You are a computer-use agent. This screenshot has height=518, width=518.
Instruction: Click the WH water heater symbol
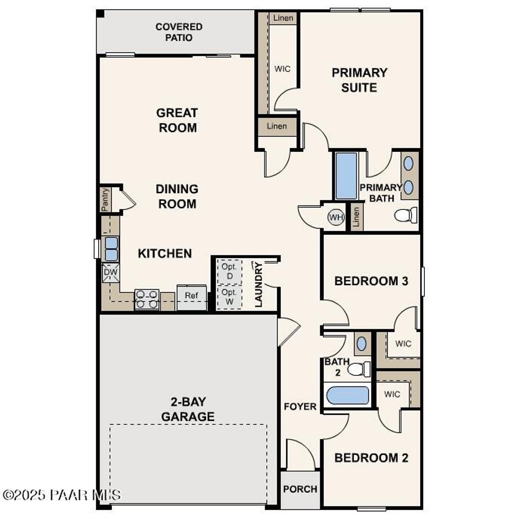pyautogui.click(x=336, y=218)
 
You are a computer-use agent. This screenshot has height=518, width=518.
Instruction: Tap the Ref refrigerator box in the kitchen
pyautogui.click(x=191, y=296)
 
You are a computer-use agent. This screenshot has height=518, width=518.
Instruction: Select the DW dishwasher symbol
pyautogui.click(x=110, y=273)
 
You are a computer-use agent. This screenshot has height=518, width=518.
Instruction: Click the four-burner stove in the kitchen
pyautogui.click(x=147, y=299)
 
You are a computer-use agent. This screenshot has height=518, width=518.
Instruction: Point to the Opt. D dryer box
pyautogui.click(x=229, y=272)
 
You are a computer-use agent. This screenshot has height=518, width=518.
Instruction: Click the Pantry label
pyautogui.click(x=105, y=199)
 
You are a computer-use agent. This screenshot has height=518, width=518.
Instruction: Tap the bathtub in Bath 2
pyautogui.click(x=348, y=395)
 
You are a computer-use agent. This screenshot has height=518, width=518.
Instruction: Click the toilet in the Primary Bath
pyautogui.click(x=406, y=215)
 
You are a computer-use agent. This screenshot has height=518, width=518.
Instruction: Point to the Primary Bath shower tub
pyautogui.click(x=347, y=176)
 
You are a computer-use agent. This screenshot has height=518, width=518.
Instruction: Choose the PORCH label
pyautogui.click(x=300, y=489)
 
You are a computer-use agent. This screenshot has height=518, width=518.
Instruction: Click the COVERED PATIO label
pyautogui.click(x=179, y=32)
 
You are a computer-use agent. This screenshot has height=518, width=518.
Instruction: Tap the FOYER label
pyautogui.click(x=300, y=406)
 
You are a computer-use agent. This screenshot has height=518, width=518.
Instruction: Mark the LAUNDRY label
pyautogui.click(x=258, y=284)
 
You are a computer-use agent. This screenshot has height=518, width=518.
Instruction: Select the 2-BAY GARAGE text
pyautogui.click(x=188, y=410)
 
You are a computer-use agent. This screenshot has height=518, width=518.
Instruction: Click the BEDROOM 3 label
pyautogui.click(x=371, y=281)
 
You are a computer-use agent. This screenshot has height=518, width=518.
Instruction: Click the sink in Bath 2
pyautogui.click(x=362, y=343)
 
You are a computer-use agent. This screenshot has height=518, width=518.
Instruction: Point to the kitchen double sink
pyautogui.click(x=111, y=248)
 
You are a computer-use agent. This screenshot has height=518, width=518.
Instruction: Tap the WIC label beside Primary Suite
pyautogui.click(x=282, y=69)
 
